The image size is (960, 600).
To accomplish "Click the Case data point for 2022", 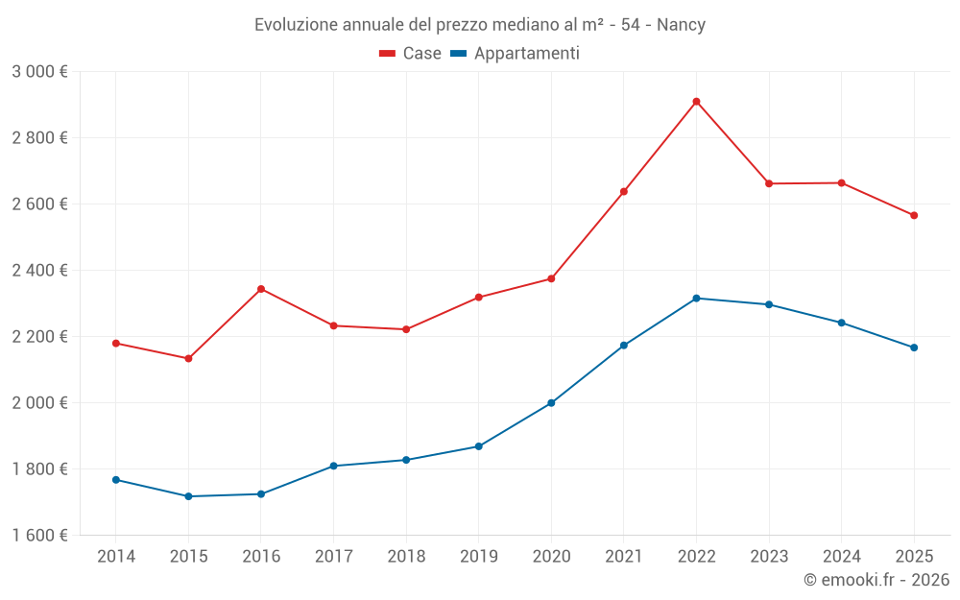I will pyautogui.click(x=696, y=102).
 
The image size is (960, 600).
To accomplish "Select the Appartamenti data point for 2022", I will pyautogui.click(x=696, y=299).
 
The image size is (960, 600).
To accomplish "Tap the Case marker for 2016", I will pyautogui.click(x=261, y=289).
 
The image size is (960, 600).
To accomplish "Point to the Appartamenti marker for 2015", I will pyautogui.click(x=188, y=496).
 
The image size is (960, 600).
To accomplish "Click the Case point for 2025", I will pyautogui.click(x=914, y=215).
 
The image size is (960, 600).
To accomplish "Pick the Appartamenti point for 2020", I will pyautogui.click(x=551, y=403).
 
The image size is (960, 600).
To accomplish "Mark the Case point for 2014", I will pyautogui.click(x=116, y=343).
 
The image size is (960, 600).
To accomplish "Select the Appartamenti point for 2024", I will pyautogui.click(x=841, y=323).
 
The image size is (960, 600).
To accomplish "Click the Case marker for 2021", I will pyautogui.click(x=624, y=192).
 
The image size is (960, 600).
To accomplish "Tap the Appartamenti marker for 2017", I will pyautogui.click(x=333, y=466).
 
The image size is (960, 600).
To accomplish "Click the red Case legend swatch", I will pyautogui.click(x=388, y=54).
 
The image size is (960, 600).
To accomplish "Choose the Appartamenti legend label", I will pyautogui.click(x=526, y=54).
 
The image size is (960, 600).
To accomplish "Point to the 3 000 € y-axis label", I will pyautogui.click(x=39, y=72).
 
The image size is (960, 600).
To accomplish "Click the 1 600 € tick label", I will pyautogui.click(x=39, y=536).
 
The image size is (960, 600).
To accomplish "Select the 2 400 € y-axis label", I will pyautogui.click(x=39, y=271).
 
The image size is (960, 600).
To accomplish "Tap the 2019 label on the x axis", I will pyautogui.click(x=478, y=557).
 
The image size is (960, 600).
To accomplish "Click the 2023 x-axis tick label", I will pyautogui.click(x=768, y=557).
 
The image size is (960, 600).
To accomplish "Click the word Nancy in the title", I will pyautogui.click(x=681, y=25).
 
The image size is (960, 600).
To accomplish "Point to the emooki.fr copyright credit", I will pyautogui.click(x=876, y=580).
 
